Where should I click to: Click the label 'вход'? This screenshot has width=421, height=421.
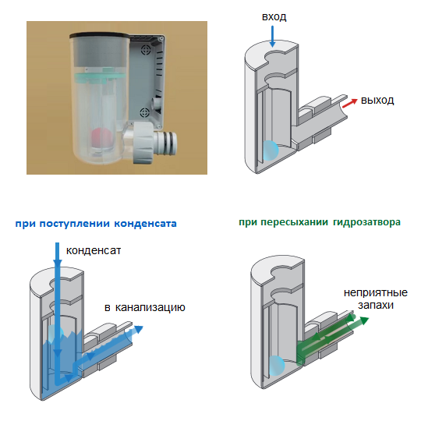(x=274, y=17)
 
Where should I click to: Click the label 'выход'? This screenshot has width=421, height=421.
(x=377, y=100)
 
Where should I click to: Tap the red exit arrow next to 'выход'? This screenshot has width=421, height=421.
(x=350, y=104)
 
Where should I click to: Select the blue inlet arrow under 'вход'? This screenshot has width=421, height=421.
(x=272, y=37)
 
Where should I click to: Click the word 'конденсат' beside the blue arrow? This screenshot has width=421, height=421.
(x=94, y=250)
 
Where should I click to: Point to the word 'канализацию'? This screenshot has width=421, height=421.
(x=150, y=308)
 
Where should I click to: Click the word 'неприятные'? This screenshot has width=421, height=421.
(x=376, y=292)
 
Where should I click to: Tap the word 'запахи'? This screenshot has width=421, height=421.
(x=376, y=305)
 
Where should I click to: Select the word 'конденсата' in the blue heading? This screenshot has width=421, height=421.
(x=145, y=224)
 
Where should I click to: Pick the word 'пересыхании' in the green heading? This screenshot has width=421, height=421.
(x=294, y=222)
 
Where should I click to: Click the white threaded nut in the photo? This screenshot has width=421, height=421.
(x=143, y=143)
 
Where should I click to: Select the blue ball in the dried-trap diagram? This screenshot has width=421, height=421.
(x=276, y=366)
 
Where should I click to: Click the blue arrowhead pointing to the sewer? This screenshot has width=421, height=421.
(x=139, y=329)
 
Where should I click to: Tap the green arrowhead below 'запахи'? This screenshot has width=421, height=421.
(x=364, y=320)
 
